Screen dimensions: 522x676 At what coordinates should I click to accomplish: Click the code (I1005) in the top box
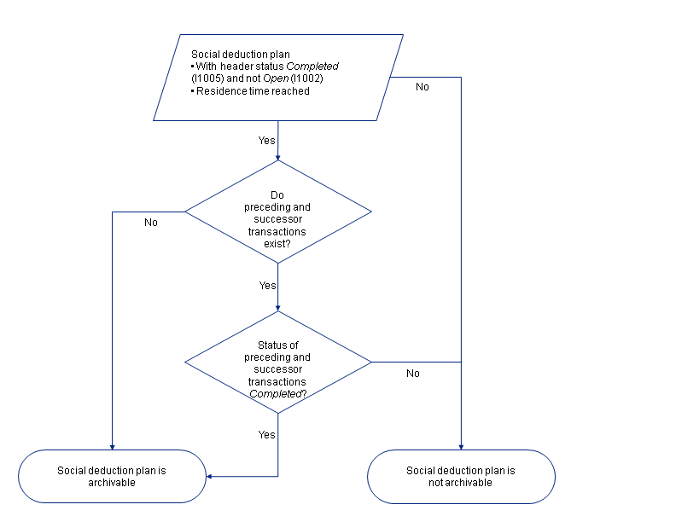[206, 78]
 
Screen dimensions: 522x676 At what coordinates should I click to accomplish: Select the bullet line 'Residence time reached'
[253, 90]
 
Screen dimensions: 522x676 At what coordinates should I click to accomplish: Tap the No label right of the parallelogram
[422, 87]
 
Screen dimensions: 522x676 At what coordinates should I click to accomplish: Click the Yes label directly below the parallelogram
[267, 140]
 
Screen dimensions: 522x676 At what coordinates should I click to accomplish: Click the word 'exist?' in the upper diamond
[277, 243]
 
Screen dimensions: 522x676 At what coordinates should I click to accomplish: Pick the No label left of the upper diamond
[150, 222]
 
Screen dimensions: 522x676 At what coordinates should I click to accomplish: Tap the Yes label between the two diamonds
[267, 285]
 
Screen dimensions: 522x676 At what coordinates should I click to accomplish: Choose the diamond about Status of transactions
[278, 363]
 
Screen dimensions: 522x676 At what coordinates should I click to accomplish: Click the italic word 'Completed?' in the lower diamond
[277, 394]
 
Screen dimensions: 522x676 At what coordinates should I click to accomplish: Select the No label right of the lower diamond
[413, 373]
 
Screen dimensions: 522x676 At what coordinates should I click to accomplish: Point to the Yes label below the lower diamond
[267, 434]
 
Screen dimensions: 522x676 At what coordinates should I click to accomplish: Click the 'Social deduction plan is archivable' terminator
[113, 476]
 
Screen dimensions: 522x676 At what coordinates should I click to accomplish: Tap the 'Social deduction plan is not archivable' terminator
[461, 476]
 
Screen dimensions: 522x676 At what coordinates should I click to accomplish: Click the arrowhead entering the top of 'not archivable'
[461, 446]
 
